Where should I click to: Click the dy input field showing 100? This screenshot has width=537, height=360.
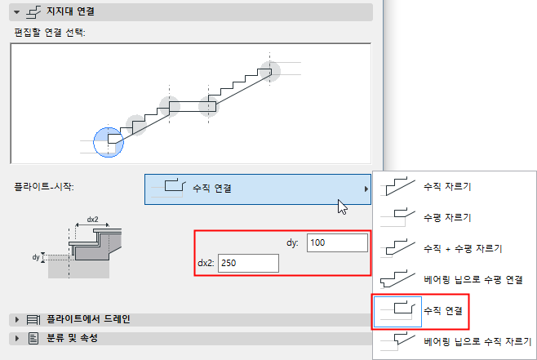337,242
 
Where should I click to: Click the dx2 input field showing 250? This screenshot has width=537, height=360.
248,263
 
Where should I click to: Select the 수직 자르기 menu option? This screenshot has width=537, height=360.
447,187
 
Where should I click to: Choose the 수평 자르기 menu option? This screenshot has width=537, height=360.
447,217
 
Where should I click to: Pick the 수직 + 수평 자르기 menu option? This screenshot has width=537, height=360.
463,248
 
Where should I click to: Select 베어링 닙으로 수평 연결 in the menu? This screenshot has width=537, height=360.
473,279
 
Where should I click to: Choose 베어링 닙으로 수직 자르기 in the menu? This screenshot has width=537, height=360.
477,341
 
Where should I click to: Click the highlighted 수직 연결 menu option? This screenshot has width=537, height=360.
443,311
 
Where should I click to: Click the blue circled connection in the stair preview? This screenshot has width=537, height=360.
109,142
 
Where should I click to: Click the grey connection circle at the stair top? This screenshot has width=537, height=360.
270,71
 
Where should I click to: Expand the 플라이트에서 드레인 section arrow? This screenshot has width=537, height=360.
17,319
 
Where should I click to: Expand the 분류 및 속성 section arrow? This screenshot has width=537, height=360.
17,339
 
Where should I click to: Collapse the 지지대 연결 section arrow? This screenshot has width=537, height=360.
16,12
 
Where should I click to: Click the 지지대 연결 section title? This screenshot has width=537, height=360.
70,11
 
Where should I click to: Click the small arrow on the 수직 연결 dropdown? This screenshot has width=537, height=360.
366,189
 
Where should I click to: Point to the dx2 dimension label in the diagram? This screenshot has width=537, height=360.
92,220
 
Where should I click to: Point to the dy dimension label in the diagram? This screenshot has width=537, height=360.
36,257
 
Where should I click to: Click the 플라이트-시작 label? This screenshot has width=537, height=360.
44,187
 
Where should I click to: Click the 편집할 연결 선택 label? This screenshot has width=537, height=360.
50,33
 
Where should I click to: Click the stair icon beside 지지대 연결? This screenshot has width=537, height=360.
33,12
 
